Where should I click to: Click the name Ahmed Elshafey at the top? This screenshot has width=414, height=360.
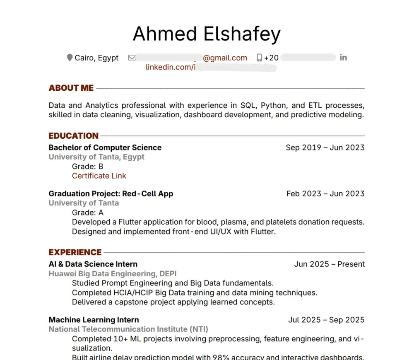pos(207,34)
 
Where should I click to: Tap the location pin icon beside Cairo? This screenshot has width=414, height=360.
pos(70,58)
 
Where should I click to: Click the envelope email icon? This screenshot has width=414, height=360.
pos(132,58)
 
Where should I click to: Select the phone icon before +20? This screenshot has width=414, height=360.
pos(260,58)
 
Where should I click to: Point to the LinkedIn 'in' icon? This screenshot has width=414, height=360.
pos(343,58)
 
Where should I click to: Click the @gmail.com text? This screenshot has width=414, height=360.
pos(225,58)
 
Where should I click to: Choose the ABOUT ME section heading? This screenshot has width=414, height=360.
pos(71,88)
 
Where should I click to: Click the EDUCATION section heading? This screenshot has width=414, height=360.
pos(73,136)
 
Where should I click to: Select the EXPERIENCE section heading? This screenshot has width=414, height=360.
pos(75,252)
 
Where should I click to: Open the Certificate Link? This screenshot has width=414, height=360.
pos(99,176)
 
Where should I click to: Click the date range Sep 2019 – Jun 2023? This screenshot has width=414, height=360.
pos(325,147)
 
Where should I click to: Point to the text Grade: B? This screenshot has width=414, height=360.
pos(87,167)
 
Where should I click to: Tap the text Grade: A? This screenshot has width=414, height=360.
pos(87,213)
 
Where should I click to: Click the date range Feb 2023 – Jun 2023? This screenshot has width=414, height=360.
pos(325,193)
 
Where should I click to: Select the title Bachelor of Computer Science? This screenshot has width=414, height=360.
pos(105,147)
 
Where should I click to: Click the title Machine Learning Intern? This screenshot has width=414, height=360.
pos(94,320)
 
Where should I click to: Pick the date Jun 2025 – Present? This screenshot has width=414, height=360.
pos(330,264)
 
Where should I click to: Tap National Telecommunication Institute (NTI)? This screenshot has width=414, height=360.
pos(128,329)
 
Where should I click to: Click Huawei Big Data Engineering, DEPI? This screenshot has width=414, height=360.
pos(113,273)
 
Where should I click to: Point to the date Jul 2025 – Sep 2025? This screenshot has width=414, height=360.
pos(326,320)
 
